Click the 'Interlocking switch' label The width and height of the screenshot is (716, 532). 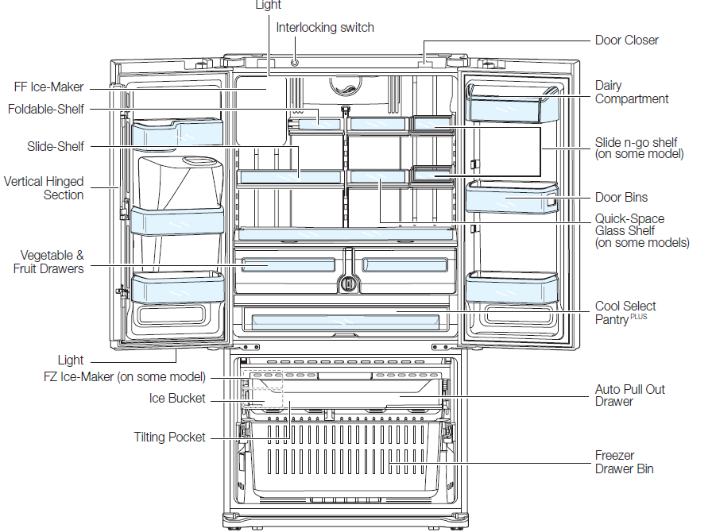click(x=325, y=28)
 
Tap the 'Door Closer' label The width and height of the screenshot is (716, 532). click(x=626, y=40)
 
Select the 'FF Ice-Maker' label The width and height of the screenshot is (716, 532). click(x=48, y=87)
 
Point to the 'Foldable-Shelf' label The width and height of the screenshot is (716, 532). click(x=46, y=109)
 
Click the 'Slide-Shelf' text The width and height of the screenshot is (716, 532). click(x=55, y=147)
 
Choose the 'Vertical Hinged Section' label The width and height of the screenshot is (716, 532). click(x=44, y=188)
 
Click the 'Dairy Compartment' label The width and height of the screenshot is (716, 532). click(x=631, y=92)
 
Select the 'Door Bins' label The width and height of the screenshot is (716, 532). click(x=621, y=198)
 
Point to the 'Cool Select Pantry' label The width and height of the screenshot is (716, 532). click(x=625, y=312)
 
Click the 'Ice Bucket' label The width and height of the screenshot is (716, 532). click(x=177, y=399)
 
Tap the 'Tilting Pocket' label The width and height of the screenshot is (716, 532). click(x=169, y=438)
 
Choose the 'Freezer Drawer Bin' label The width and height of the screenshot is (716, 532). click(x=624, y=462)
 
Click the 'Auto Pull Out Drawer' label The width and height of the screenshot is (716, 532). click(x=629, y=395)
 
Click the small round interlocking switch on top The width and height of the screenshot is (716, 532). click(x=296, y=60)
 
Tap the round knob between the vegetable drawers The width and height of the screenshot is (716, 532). click(x=346, y=282)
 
